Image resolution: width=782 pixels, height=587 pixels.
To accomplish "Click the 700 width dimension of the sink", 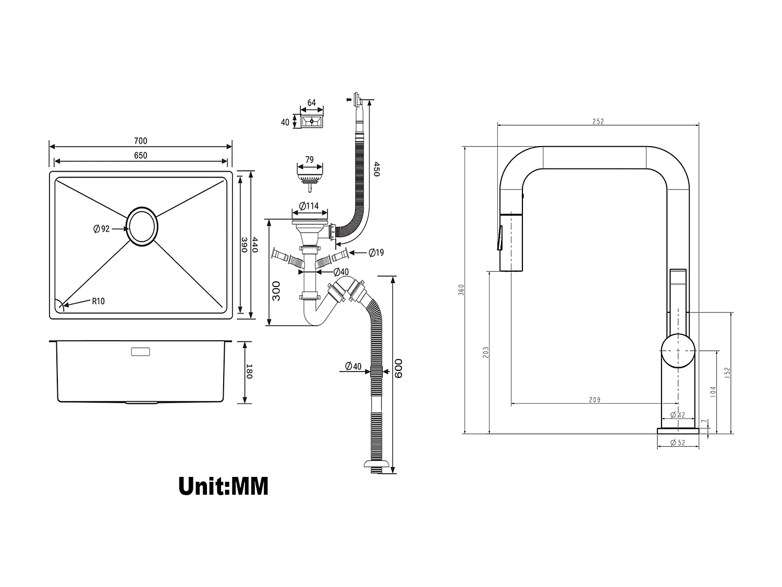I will pos(140,140).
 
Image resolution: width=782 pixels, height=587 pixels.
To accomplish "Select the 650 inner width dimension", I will pos(140,155).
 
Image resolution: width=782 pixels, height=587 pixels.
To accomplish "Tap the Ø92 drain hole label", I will pos(101,229).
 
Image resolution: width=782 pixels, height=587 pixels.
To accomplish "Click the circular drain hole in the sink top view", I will pos(142,226).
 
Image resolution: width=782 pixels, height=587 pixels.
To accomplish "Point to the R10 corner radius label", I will pos(98,301).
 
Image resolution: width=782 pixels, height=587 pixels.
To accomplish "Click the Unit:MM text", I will pos(223,486).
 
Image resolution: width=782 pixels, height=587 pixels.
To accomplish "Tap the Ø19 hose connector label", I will pos(376,253).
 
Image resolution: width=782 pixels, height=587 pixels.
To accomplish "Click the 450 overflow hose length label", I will pos(376,169).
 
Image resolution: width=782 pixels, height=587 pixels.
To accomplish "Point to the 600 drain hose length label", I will pos(399,368).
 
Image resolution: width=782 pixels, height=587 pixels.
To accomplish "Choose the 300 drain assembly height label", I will pos(276,291).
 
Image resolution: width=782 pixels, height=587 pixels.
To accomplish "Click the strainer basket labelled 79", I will pos(310,175).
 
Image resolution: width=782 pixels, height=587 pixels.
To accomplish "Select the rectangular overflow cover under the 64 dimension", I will pos(312,121).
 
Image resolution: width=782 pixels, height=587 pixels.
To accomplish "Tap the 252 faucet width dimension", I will pos(598,122).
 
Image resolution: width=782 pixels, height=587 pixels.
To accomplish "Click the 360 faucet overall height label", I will pos(461,290).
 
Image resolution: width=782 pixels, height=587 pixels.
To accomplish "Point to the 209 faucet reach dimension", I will pos(594,400).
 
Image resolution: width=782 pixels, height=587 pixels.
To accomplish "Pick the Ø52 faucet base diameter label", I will pos(678,443).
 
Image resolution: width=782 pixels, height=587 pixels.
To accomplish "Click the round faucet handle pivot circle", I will pos(678,351).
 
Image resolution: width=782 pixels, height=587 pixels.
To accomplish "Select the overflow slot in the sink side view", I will pos(140,352).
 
